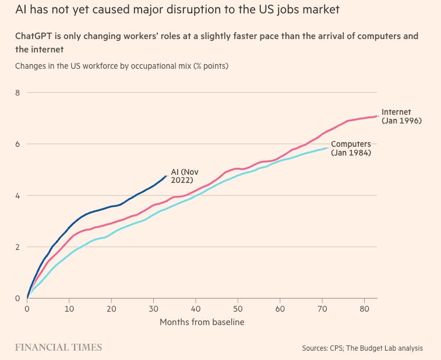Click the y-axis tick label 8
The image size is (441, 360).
pyautogui.click(x=17, y=92)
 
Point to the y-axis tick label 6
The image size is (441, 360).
pyautogui.click(x=17, y=144)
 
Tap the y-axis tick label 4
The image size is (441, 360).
pyautogui.click(x=17, y=195)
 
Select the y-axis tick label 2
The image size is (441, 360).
pyautogui.click(x=17, y=246)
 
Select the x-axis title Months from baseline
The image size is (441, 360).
pyautogui.click(x=202, y=322)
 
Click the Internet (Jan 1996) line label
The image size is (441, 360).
pyautogui.click(x=401, y=116)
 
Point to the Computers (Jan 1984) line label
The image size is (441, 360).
pyautogui.click(x=351, y=149)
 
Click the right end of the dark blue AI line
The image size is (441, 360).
pyautogui.click(x=166, y=175)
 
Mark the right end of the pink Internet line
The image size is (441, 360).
pyautogui.click(x=376, y=115)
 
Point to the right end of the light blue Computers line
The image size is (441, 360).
pyautogui.click(x=327, y=148)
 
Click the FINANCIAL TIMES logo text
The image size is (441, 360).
pyautogui.click(x=58, y=347)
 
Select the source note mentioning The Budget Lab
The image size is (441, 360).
pyautogui.click(x=362, y=348)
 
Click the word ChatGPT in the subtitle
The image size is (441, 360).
pyautogui.click(x=36, y=36)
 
